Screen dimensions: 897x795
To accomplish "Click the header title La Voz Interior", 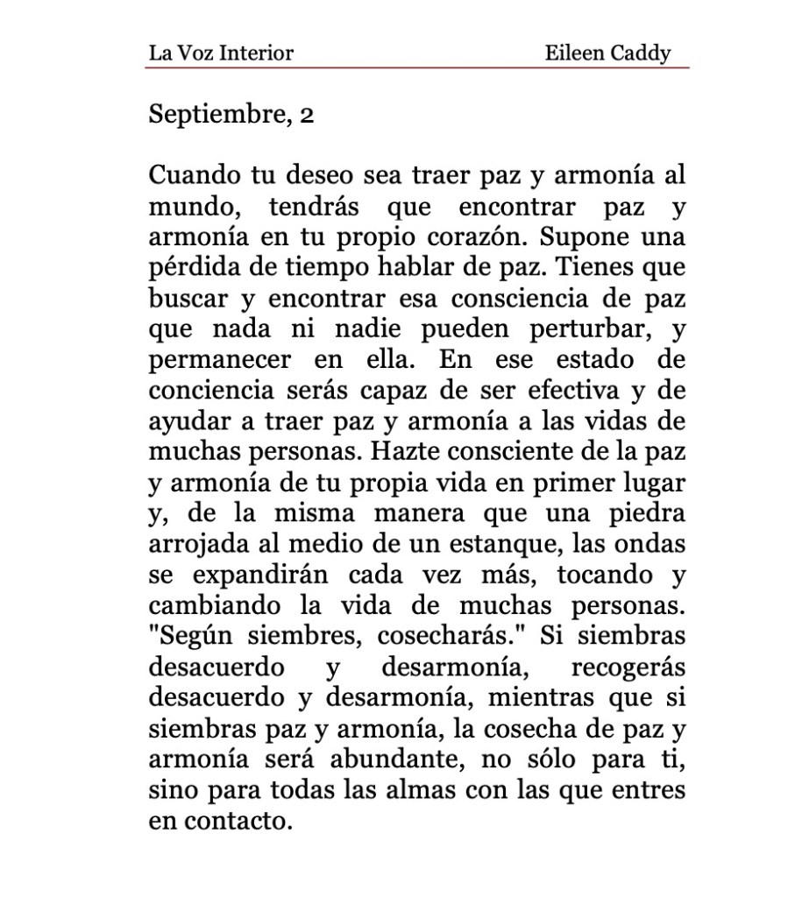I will [221, 53].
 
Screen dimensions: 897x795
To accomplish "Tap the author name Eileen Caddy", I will [607, 53].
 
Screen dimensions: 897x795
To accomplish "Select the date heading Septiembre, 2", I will [231, 115].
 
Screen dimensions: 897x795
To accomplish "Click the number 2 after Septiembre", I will [307, 115].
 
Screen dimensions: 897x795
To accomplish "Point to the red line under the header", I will [419, 67].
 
